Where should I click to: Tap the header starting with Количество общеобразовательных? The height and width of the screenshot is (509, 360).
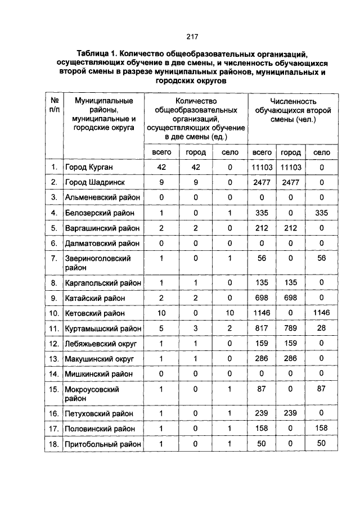[196, 119]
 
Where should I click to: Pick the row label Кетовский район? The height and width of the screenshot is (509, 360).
[94, 313]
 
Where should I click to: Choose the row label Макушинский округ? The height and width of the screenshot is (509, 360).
[101, 358]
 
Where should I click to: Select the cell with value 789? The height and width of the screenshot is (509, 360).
[291, 328]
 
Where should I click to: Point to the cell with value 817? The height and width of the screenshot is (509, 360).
[262, 328]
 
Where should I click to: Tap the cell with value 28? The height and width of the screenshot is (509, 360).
[321, 328]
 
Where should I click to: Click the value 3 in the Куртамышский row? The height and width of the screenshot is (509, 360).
[196, 328]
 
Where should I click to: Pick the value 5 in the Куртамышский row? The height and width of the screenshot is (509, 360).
[161, 328]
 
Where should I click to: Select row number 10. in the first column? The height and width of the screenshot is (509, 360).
[53, 313]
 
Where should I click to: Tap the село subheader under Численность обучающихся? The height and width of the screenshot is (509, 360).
[321, 152]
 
